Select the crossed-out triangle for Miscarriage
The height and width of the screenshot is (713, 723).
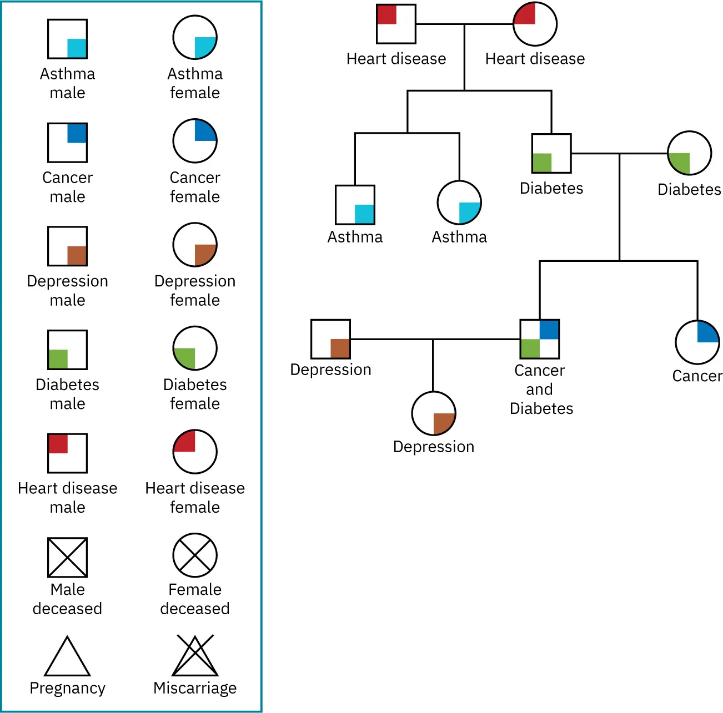click(x=195, y=658)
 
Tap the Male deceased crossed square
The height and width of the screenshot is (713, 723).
click(x=67, y=557)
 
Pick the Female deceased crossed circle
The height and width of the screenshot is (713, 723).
click(x=195, y=555)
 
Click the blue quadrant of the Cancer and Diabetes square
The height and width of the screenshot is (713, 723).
click(x=549, y=330)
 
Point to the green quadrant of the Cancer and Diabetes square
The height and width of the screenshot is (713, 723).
click(x=530, y=348)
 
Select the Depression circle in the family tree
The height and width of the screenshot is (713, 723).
click(x=434, y=414)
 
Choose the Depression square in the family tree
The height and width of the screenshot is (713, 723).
click(x=330, y=339)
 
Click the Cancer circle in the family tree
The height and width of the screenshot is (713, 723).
click(x=697, y=342)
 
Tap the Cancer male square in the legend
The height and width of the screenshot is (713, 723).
click(x=67, y=143)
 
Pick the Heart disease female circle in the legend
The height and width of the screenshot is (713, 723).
click(x=195, y=452)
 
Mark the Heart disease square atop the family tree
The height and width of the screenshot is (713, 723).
click(x=396, y=24)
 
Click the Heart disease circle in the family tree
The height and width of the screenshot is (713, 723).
click(x=535, y=24)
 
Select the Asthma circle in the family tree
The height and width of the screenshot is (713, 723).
click(x=459, y=203)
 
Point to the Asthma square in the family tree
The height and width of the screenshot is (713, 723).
click(x=355, y=205)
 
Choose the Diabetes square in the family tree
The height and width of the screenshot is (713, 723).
click(x=551, y=153)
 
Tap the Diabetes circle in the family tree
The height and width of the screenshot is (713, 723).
click(x=689, y=153)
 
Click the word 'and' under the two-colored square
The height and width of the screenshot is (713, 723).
click(x=539, y=390)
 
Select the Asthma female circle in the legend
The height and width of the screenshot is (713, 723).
click(x=195, y=38)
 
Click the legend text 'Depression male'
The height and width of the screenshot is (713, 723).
click(x=67, y=290)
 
